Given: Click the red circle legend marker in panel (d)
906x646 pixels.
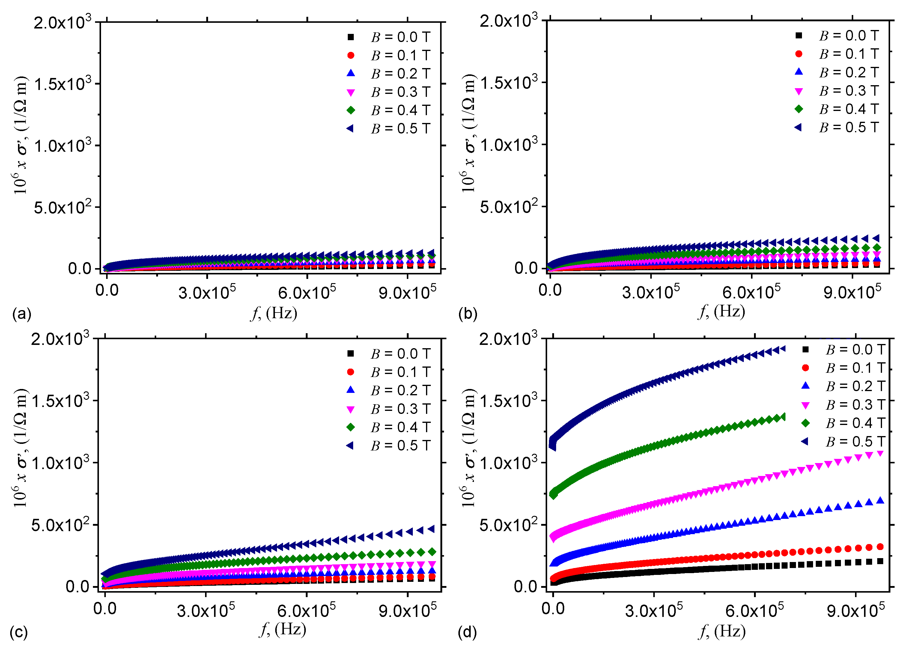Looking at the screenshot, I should (806, 368).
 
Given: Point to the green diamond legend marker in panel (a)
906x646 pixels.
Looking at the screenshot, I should (351, 110).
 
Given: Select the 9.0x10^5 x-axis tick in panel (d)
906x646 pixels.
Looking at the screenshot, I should (856, 611).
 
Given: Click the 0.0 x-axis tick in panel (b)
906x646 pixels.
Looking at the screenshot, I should (550, 290).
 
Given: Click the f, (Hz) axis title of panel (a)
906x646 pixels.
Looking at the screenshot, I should (273, 313).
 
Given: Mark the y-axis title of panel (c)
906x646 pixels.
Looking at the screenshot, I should (21, 449).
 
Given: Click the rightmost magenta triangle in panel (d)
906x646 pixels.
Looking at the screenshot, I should (879, 454).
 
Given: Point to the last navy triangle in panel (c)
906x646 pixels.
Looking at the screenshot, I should (431, 529).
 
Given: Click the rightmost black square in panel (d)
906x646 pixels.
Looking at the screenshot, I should (880, 561).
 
